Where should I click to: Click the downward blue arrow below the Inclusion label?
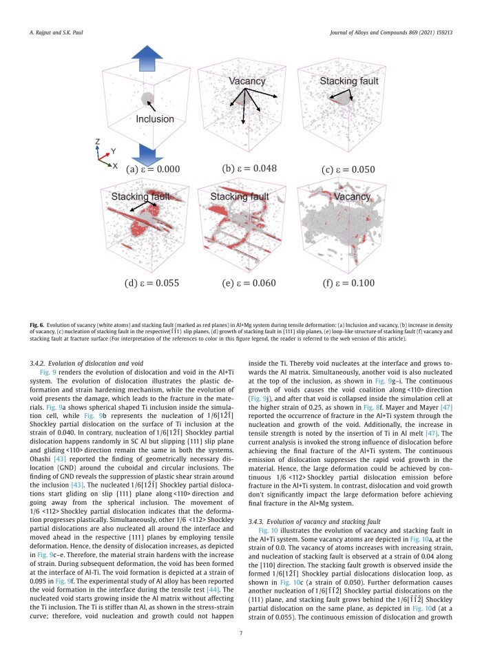coord(147,151)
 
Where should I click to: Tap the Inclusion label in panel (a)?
coord(154,118)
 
